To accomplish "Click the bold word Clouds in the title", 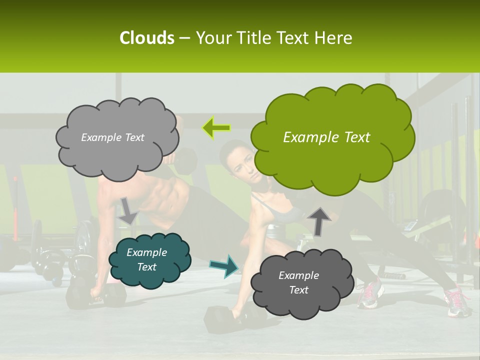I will [146, 38].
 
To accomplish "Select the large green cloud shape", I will [332, 137].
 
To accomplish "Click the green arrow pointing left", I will [216, 128].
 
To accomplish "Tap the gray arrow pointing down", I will [127, 210].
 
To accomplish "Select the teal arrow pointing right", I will [224, 265].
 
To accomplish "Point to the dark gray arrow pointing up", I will [319, 220].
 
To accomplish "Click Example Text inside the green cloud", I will [326, 137].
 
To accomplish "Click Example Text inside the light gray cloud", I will [112, 137].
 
